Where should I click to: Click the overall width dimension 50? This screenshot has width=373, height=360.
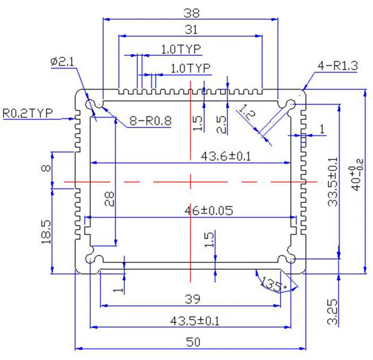pos(193,342)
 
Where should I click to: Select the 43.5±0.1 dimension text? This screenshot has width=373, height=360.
pos(194,321)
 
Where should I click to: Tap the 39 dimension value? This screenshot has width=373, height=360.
pos(193,299)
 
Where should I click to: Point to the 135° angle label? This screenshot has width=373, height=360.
pos(272,285)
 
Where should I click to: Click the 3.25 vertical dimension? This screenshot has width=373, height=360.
pos(332,312)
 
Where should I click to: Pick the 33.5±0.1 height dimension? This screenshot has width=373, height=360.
pos(332,182)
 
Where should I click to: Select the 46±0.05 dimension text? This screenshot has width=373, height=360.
pos(208,211)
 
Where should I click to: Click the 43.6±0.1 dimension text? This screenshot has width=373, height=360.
pos(226,156)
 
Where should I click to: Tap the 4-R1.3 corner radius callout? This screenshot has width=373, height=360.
pos(338,66)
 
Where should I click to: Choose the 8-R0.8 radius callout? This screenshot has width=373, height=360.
pos(150,121)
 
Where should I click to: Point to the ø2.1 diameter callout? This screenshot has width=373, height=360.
pos(62,62)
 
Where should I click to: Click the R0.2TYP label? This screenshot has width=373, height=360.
pos(28,113)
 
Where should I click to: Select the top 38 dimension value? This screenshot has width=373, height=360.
pos(191,13)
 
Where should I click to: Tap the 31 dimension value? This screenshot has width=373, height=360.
pos(191,30)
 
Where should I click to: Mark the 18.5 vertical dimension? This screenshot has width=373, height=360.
pos(46,232)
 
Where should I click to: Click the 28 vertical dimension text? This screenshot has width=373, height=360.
pos(109,199)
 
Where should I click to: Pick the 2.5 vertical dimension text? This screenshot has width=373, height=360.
pos(221,124)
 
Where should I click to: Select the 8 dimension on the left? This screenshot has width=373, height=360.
pos(46,168)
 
